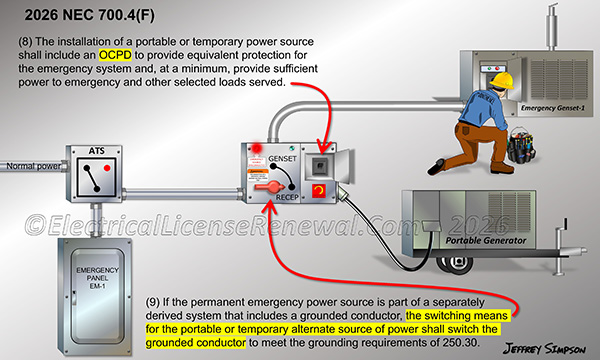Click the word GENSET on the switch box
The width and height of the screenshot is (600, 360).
click(x=295, y=160)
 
